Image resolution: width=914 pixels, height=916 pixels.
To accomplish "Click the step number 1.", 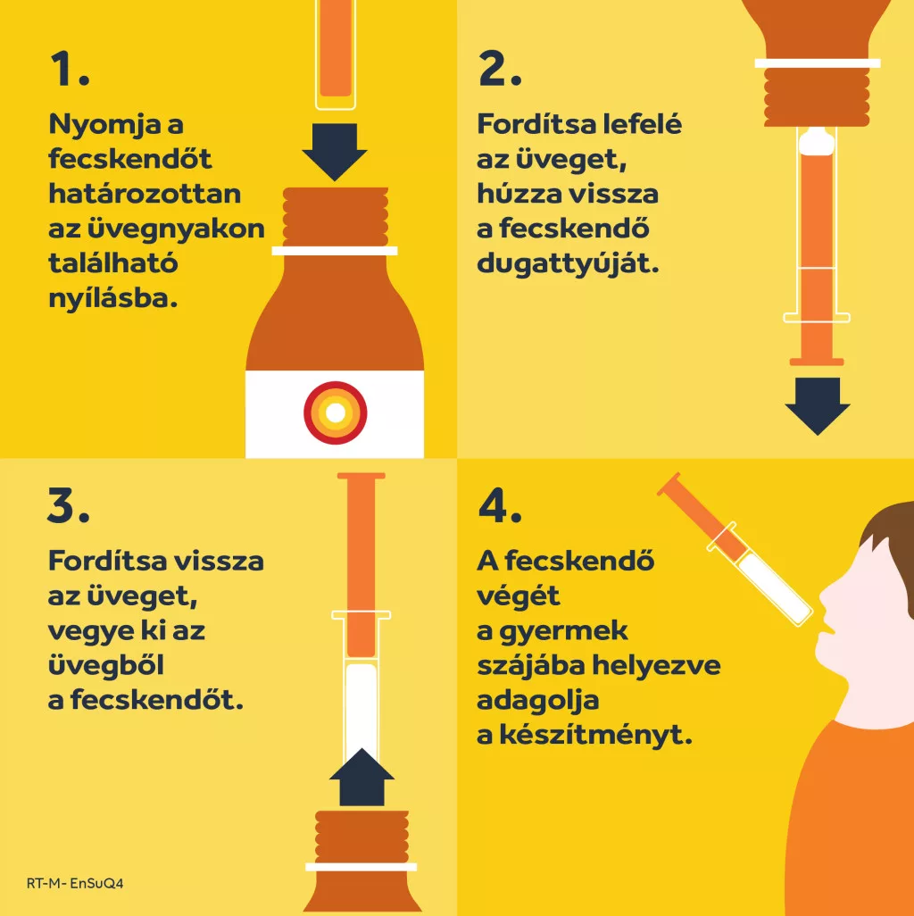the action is (x=70, y=69).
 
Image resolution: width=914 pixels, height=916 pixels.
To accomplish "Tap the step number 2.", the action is (x=499, y=69).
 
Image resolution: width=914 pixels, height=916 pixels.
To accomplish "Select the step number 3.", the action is (x=69, y=505).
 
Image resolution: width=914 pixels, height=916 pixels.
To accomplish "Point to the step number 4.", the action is (x=499, y=505).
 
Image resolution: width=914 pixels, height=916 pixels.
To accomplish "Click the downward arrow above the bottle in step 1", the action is (x=335, y=152).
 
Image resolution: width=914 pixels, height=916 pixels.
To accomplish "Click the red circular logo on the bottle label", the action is (x=336, y=413).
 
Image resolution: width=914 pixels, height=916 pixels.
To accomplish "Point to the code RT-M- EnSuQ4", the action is (x=75, y=883).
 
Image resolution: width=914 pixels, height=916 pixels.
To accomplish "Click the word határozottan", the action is (x=145, y=194).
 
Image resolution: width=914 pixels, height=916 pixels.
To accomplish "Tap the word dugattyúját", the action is (x=568, y=263).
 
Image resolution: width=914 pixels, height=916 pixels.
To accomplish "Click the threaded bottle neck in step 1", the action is (x=336, y=217).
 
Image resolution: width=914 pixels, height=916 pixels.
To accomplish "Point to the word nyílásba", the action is (x=112, y=298).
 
